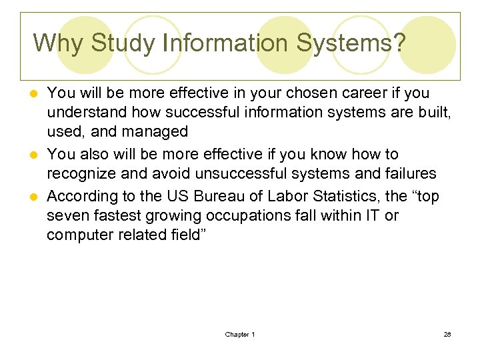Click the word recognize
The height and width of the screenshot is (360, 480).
coord(81,174)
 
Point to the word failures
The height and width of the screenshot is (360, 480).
coord(409,174)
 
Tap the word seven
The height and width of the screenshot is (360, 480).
coord(67,216)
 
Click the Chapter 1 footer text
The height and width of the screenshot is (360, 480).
coord(240,334)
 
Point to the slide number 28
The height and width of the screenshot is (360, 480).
coord(447,334)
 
